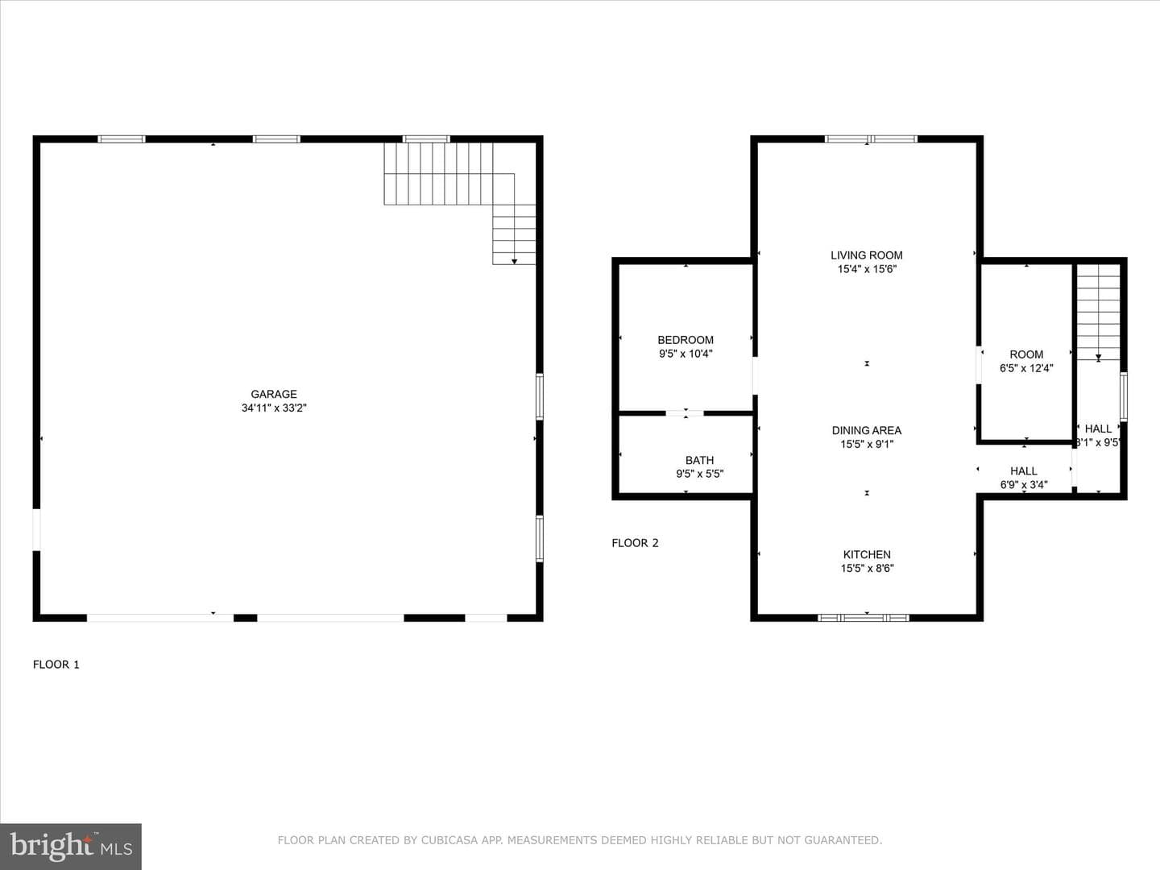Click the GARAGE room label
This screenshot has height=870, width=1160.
coord(274,394)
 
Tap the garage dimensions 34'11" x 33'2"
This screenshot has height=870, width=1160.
coord(274,408)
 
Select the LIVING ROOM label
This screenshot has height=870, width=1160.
coord(867,255)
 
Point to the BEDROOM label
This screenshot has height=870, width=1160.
coord(686,340)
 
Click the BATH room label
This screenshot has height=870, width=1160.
coord(700,460)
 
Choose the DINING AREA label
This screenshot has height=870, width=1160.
coord(867,430)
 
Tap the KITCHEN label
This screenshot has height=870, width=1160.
coord(867,555)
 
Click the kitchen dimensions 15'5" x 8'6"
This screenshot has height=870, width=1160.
coord(868,569)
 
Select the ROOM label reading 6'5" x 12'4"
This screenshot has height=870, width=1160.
coord(1026,354)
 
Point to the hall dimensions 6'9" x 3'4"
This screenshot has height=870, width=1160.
coord(1024,484)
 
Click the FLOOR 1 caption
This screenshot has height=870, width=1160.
coord(56,665)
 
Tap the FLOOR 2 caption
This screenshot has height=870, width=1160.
coord(636,543)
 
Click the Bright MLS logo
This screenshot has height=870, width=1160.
coord(71,847)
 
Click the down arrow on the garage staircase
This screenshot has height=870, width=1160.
coord(514,261)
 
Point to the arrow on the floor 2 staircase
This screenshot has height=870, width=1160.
coord(1098,358)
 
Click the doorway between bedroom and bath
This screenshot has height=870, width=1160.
coord(685,413)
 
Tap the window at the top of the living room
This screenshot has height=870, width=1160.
coord(871,139)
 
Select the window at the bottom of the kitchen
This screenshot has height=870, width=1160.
coord(864,618)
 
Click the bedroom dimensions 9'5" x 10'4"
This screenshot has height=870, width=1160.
coord(686,354)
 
